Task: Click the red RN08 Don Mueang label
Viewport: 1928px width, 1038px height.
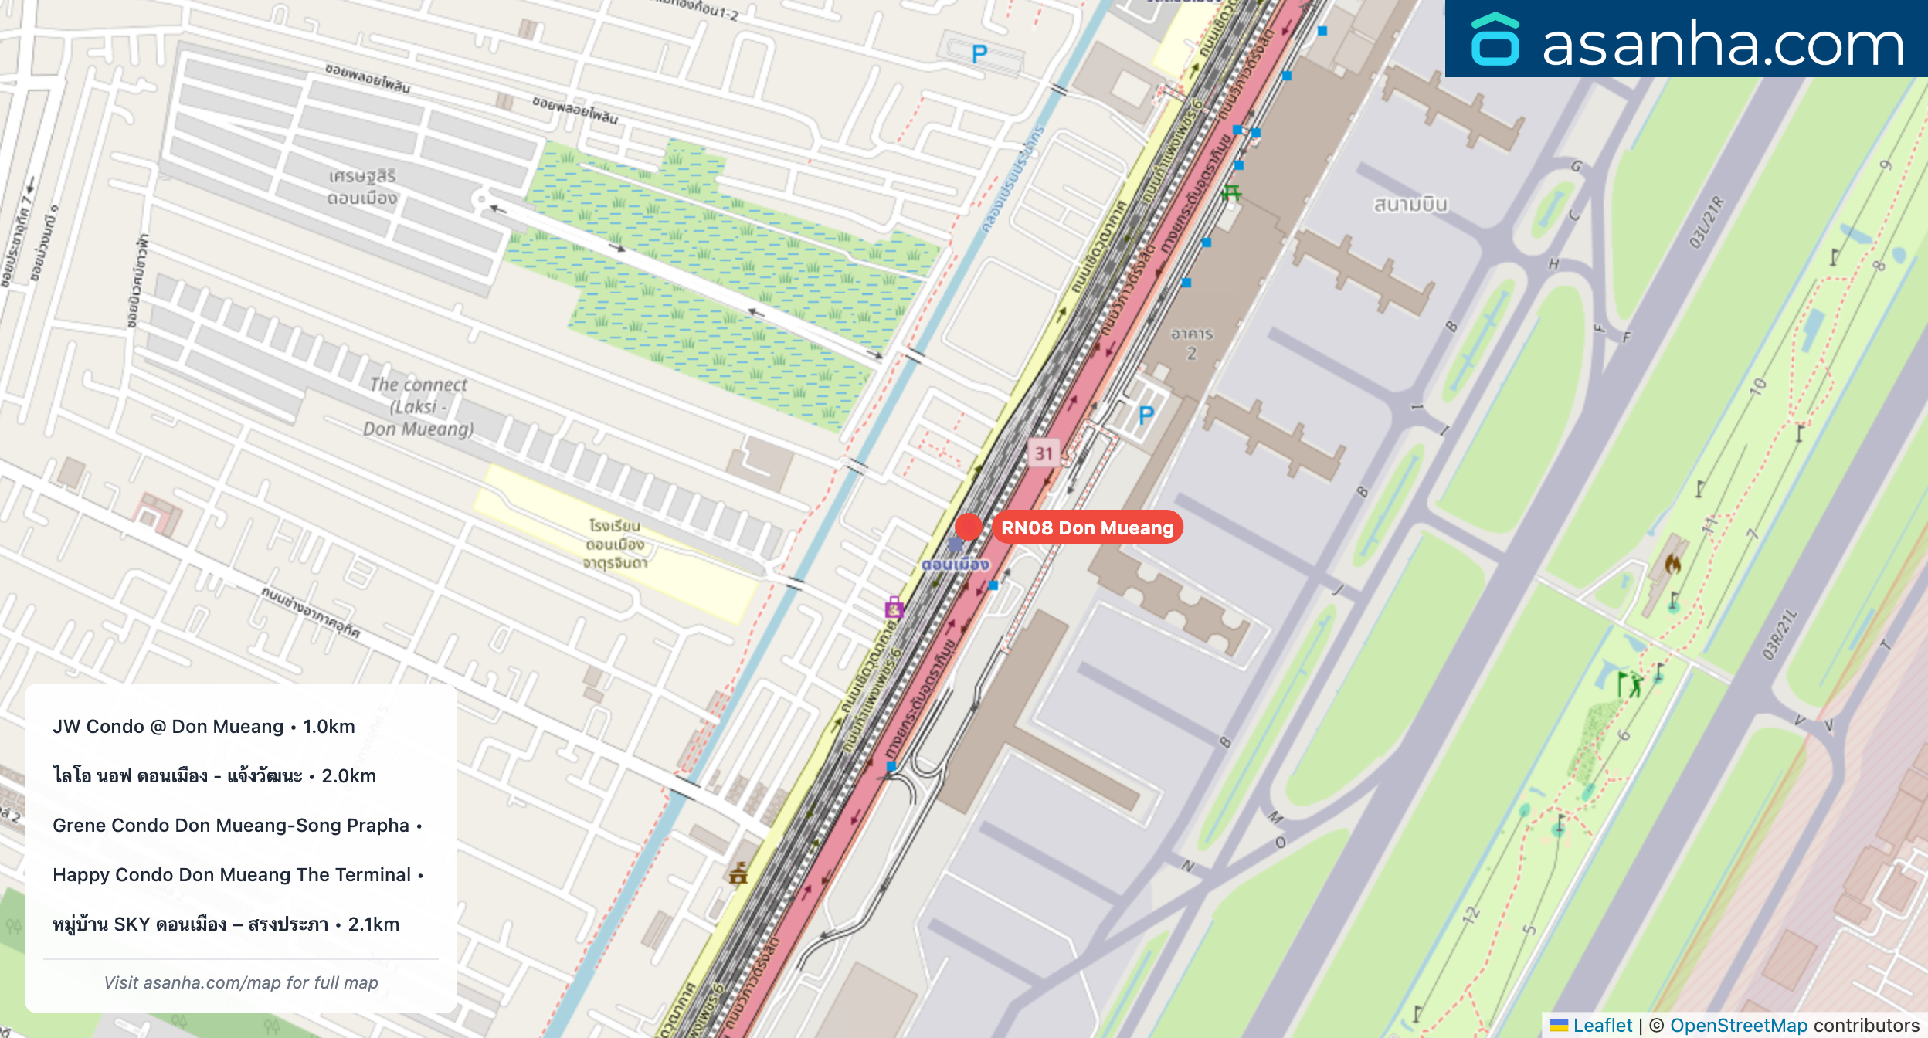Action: (1087, 527)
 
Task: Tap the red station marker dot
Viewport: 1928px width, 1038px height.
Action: (968, 527)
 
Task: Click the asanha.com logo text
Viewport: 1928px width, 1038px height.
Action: (1723, 43)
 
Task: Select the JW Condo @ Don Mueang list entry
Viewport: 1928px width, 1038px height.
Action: (204, 727)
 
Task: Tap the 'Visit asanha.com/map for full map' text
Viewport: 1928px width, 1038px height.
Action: (241, 982)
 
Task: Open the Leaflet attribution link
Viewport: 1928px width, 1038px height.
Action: (1602, 1025)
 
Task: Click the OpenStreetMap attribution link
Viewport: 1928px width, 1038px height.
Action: (1738, 1025)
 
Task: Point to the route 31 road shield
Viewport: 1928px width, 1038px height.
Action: (1044, 453)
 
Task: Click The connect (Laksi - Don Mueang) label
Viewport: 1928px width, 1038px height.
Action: (419, 406)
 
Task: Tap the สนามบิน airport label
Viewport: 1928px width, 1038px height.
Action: (1410, 205)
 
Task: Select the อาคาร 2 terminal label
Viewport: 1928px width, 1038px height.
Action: (1191, 344)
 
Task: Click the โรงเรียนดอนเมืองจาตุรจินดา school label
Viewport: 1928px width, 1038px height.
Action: (615, 544)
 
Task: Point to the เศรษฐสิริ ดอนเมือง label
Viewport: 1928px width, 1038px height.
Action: (362, 187)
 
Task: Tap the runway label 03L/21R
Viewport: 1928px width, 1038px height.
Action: (1706, 222)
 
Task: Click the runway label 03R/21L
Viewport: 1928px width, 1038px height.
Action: (1779, 635)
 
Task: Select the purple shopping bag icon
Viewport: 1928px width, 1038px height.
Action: (894, 607)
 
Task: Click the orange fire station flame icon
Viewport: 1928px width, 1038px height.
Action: (1672, 564)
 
